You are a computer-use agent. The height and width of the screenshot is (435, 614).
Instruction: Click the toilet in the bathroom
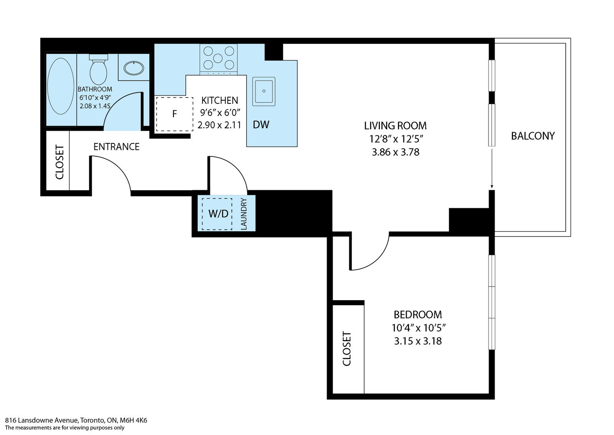point(98,70)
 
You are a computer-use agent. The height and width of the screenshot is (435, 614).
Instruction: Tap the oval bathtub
point(61,86)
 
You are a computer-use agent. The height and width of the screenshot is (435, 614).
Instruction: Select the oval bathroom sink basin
point(134,68)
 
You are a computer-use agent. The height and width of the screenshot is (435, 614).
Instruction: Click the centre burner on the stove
point(218,58)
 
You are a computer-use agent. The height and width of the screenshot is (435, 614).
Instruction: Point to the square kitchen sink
point(264,91)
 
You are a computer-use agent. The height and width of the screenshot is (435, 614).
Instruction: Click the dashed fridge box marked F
point(175,114)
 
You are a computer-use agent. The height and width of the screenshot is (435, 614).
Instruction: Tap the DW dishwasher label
point(261,125)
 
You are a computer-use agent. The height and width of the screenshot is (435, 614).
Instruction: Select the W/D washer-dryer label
point(218,214)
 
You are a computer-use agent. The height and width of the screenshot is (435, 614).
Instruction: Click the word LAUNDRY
point(244,214)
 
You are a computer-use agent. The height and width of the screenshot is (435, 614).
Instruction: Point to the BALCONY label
point(533,136)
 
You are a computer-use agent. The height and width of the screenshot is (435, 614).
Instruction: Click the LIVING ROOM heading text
point(395,126)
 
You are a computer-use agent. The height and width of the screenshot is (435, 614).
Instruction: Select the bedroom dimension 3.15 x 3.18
point(418,341)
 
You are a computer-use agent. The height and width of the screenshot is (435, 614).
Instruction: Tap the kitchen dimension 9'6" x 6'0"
point(220,113)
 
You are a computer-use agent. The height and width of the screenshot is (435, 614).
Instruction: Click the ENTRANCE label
point(117,147)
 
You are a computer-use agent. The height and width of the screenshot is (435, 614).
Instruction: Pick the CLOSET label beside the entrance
point(59,162)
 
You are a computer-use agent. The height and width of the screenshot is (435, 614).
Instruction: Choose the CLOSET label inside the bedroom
point(347,349)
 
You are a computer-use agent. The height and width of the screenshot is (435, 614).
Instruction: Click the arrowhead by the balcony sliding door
point(492,186)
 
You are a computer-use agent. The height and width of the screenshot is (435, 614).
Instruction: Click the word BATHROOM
point(95,89)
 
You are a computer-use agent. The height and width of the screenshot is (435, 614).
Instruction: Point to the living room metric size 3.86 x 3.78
point(396,152)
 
